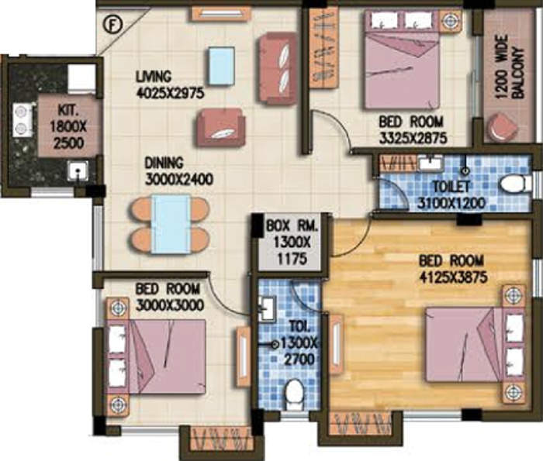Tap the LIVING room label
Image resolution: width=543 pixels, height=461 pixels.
154,77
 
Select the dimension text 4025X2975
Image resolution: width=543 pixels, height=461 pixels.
171,93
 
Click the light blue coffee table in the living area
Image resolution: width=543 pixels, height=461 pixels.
222,66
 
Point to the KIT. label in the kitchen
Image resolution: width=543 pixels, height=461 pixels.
68,111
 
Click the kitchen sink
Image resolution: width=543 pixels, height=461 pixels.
78,172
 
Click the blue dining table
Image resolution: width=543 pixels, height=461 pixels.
171,224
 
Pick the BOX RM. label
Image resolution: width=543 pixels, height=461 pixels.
292,226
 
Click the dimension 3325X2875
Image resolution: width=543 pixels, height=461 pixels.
413,139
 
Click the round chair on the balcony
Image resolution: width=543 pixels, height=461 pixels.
503,126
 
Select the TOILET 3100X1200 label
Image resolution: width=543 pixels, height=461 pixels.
451,195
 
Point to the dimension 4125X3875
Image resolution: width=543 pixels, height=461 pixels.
453,277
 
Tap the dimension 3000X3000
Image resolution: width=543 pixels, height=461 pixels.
170,305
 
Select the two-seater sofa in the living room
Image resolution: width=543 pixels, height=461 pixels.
277,67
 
